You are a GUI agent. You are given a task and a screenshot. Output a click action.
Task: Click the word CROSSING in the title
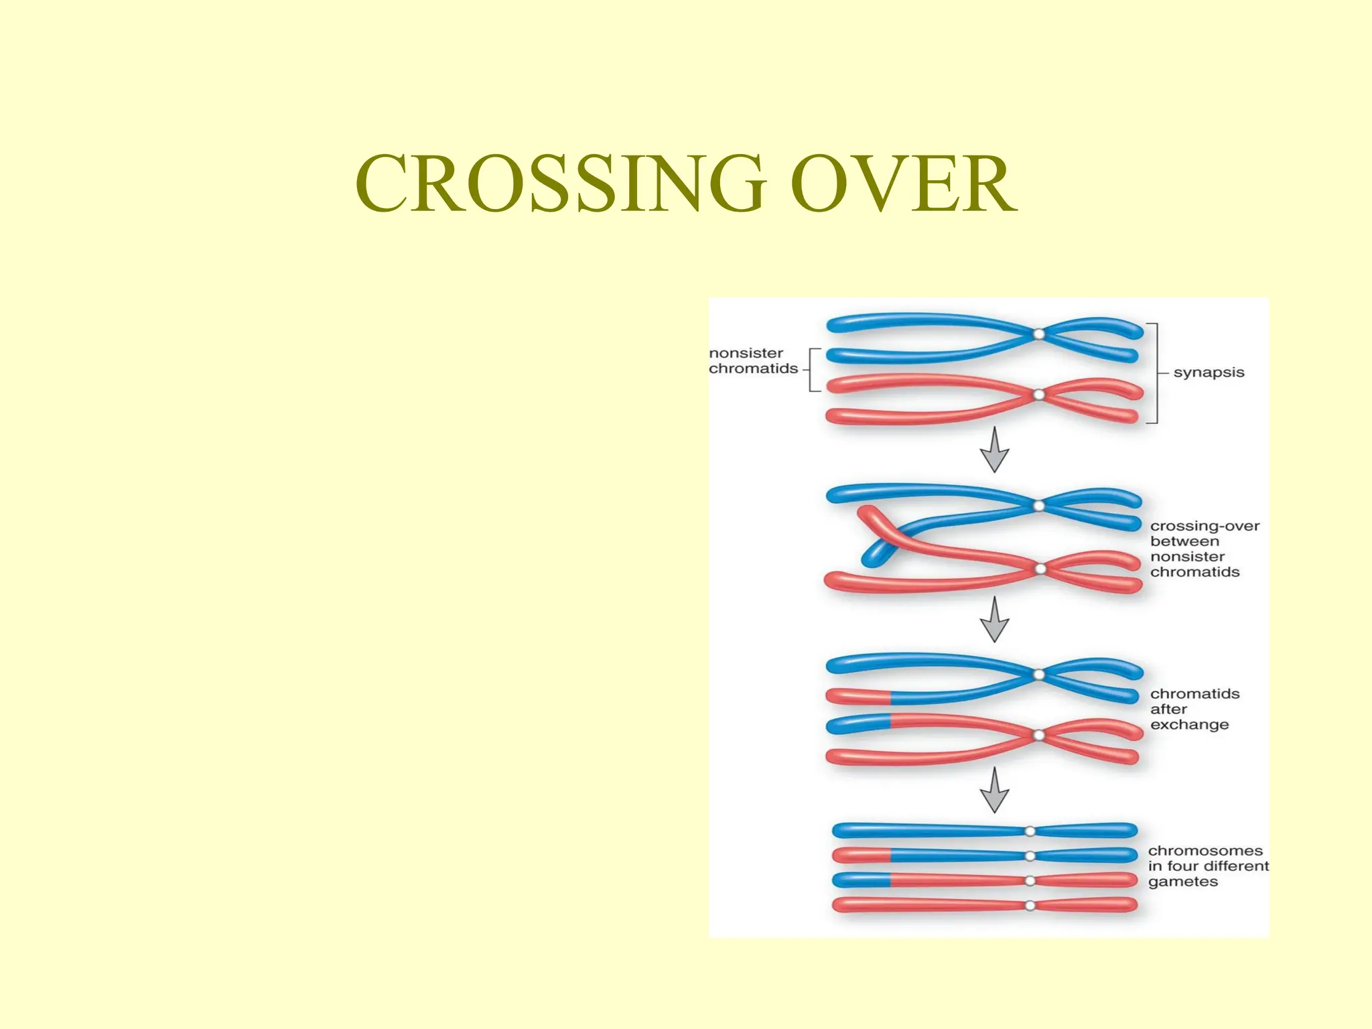tap(561, 184)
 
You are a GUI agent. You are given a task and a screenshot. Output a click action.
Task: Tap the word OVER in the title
tap(903, 184)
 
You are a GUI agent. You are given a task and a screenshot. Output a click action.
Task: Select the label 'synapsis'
tap(1209, 372)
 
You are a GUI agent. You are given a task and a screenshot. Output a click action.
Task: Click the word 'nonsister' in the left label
tap(746, 353)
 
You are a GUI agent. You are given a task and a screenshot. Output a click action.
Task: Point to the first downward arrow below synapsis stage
tap(994, 450)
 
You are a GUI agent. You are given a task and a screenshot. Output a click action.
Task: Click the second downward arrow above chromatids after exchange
tap(994, 620)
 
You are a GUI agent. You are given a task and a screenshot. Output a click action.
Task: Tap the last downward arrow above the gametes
tap(994, 791)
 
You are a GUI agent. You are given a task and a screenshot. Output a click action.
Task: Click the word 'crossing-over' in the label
tap(1205, 526)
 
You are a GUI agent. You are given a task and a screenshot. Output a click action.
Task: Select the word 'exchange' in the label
tap(1189, 725)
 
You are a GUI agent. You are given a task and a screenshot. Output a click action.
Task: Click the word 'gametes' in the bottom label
tap(1182, 882)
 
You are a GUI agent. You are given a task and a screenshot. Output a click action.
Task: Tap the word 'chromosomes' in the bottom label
tap(1205, 851)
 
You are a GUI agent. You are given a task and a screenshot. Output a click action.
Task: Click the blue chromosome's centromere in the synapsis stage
tap(1038, 334)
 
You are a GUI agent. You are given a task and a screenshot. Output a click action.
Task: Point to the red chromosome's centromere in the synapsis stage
tap(1039, 395)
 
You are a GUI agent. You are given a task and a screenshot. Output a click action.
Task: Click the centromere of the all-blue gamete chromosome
tap(1030, 831)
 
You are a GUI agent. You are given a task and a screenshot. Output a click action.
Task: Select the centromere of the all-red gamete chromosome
tap(1030, 906)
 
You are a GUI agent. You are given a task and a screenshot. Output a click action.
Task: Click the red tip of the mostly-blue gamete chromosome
tap(862, 855)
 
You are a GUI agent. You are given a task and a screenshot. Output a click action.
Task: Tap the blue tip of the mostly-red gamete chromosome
tap(862, 880)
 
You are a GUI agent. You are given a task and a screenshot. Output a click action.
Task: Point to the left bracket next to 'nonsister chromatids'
tap(812, 369)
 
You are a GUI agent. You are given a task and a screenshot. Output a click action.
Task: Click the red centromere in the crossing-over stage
tap(1040, 569)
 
